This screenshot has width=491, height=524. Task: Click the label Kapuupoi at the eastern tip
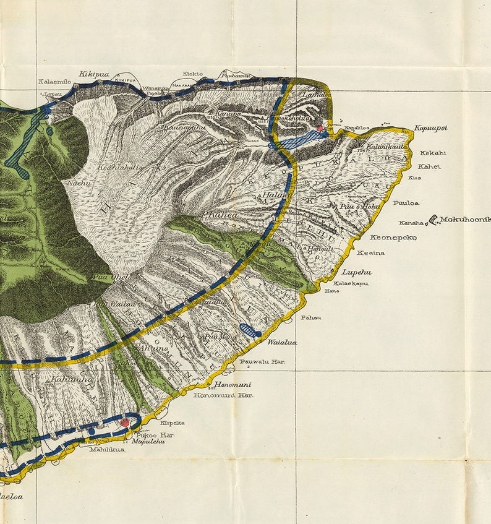click(430, 128)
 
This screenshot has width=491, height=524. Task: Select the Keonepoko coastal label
click(393, 238)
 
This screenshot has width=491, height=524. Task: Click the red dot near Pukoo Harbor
click(125, 422)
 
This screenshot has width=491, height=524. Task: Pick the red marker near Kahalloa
click(320, 129)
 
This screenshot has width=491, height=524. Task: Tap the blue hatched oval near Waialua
click(248, 331)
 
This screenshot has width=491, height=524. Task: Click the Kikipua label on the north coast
click(94, 74)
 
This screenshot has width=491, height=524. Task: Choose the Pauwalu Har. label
click(262, 361)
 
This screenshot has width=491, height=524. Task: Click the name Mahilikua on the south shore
click(107, 450)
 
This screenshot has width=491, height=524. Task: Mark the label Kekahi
click(432, 153)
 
